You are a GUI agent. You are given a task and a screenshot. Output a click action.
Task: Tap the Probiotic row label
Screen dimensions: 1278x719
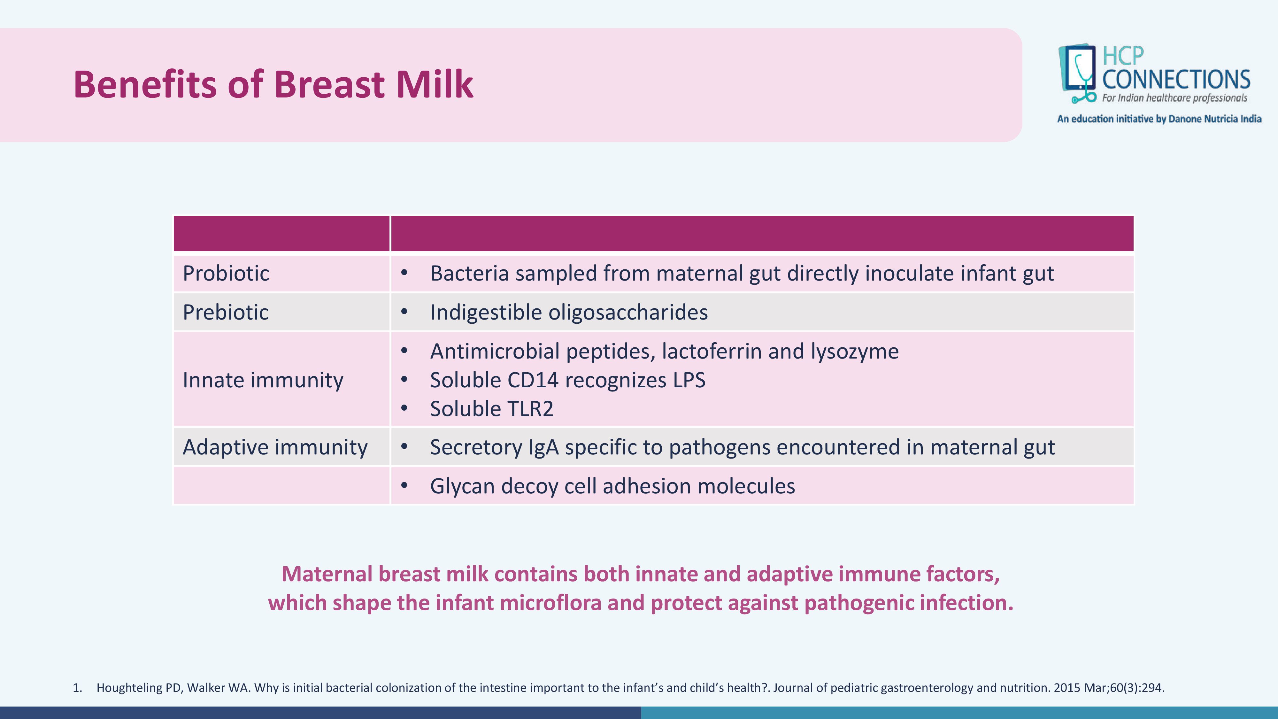(226, 274)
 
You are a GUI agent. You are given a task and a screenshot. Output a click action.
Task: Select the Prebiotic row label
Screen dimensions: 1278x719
(226, 312)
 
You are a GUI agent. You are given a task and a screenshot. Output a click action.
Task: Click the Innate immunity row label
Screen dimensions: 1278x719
(263, 380)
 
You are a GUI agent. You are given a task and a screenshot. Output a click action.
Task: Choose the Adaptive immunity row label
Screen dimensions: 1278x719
(275, 447)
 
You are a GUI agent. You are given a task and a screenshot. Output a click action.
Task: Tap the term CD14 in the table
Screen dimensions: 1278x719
(533, 380)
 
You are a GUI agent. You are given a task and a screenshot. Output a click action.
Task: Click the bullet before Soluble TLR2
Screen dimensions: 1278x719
(404, 408)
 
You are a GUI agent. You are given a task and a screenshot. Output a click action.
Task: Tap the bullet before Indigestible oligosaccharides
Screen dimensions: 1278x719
(404, 312)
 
